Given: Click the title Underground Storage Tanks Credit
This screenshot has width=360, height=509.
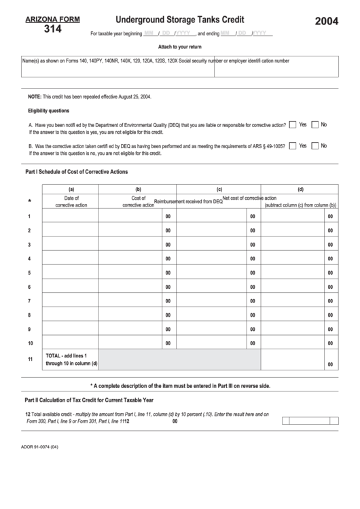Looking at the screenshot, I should pos(180,20).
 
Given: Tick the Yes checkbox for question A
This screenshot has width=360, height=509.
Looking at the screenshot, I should pos(292,125).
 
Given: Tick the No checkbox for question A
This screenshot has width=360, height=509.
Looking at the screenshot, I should pos(315,125).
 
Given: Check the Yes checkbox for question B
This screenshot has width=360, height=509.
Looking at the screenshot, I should pos(292,145).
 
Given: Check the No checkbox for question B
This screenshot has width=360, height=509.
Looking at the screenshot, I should pos(315,145).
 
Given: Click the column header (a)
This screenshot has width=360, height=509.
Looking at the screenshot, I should pos(71,189).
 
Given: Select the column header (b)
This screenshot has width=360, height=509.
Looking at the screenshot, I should pos(138,189).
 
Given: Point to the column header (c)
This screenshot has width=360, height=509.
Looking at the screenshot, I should pos(219,189).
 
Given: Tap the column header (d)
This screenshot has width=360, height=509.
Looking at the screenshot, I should pos(300,189).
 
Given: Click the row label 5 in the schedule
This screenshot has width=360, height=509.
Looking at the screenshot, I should pos(29,273).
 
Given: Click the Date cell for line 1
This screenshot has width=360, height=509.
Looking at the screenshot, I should pos(71,217).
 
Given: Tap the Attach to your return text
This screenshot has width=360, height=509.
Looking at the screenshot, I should pos(180,46).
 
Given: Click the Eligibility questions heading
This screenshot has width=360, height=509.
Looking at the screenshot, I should pos(48,111).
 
